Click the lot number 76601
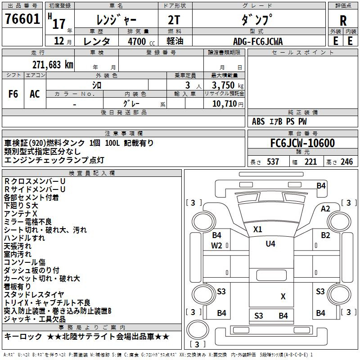pos(22,19)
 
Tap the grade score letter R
pos(343,21)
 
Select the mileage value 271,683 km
pos(53,65)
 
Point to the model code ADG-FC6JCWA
pos(258,41)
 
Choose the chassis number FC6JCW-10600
pos(302,143)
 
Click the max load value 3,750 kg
pos(228,85)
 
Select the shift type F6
pos(13,94)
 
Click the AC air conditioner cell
pos(35,94)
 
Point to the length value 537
pos(273,162)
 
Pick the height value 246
pos(346,162)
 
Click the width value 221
pos(310,162)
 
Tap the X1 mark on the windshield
pos(257,229)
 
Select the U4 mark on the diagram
pos(270,243)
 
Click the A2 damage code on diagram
pos(325,209)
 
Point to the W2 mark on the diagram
pos(216,246)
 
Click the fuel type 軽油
pos(175,41)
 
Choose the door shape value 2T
pos(174,20)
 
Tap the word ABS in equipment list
pos(258,121)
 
